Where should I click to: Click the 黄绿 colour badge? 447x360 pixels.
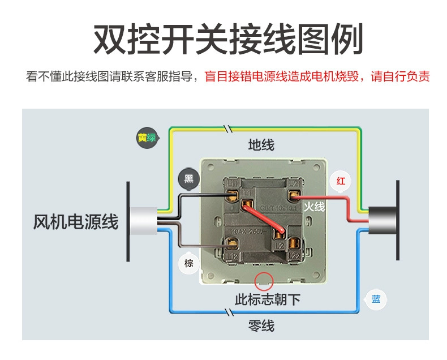[147, 138]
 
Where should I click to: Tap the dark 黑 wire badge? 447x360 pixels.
[189, 179]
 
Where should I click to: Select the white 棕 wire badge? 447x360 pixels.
[188, 263]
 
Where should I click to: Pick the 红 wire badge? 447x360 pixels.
[341, 181]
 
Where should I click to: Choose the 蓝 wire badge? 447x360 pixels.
[376, 299]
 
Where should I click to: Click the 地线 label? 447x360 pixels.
[261, 145]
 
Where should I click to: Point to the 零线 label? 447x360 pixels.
[261, 325]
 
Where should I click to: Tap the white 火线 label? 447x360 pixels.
[314, 207]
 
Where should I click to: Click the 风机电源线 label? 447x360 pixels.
[76, 222]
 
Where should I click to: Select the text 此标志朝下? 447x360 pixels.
[268, 299]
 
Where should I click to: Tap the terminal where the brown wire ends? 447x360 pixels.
[231, 244]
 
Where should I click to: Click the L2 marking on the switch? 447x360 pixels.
[280, 246]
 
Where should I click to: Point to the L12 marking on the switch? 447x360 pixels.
[231, 256]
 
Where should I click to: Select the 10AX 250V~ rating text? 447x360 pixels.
[249, 232]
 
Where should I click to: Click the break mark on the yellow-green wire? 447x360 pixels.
[228, 129]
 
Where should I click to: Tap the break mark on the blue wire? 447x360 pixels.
[229, 312]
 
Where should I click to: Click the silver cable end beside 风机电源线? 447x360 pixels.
[143, 221]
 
